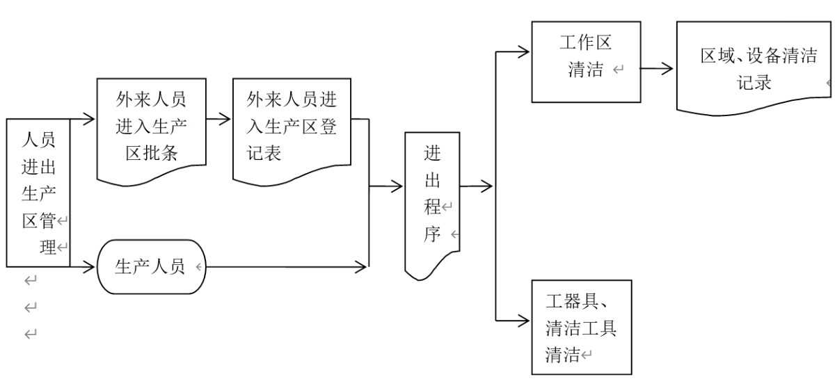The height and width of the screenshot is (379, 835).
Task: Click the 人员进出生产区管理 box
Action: pyautogui.click(x=38, y=192)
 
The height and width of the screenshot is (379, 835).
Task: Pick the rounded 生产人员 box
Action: pyautogui.click(x=150, y=267)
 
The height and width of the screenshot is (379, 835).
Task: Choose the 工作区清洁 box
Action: pyautogui.click(x=586, y=61)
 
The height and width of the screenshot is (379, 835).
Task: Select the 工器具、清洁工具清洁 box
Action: pyautogui.click(x=581, y=327)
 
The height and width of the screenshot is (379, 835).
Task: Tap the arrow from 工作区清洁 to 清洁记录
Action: pyautogui.click(x=657, y=68)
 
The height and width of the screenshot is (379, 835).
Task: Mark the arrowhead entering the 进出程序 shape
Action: pyautogui.click(x=398, y=186)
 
